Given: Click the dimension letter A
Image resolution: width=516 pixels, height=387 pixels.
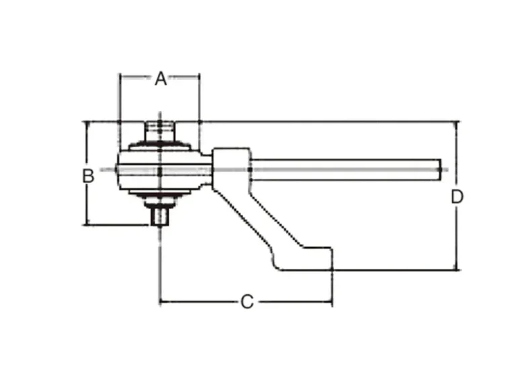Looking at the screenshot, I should pos(160,79).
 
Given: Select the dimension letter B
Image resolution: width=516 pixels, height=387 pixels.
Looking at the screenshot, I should pos(88,176).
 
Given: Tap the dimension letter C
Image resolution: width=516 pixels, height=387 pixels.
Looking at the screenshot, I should pos(247,302).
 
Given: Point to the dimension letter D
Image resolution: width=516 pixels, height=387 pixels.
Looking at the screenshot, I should pos(457,197).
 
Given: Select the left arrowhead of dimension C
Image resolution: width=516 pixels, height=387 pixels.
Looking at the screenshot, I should pos(163,301).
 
